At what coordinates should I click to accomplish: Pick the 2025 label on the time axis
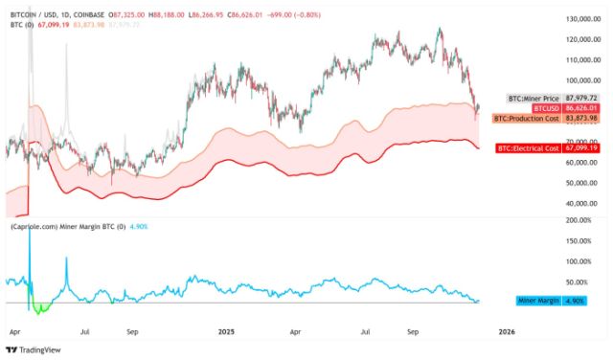[x=227, y=331]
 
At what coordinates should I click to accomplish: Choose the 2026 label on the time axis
[x=507, y=331]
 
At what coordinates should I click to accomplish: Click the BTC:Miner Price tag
[x=534, y=99]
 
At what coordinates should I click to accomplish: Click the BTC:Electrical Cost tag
[x=528, y=148]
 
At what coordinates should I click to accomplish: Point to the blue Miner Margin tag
[x=538, y=300]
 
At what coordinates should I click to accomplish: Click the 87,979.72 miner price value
[x=581, y=99]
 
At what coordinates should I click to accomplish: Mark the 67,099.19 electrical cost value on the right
[x=581, y=148]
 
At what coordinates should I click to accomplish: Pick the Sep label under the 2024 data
[x=134, y=331]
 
